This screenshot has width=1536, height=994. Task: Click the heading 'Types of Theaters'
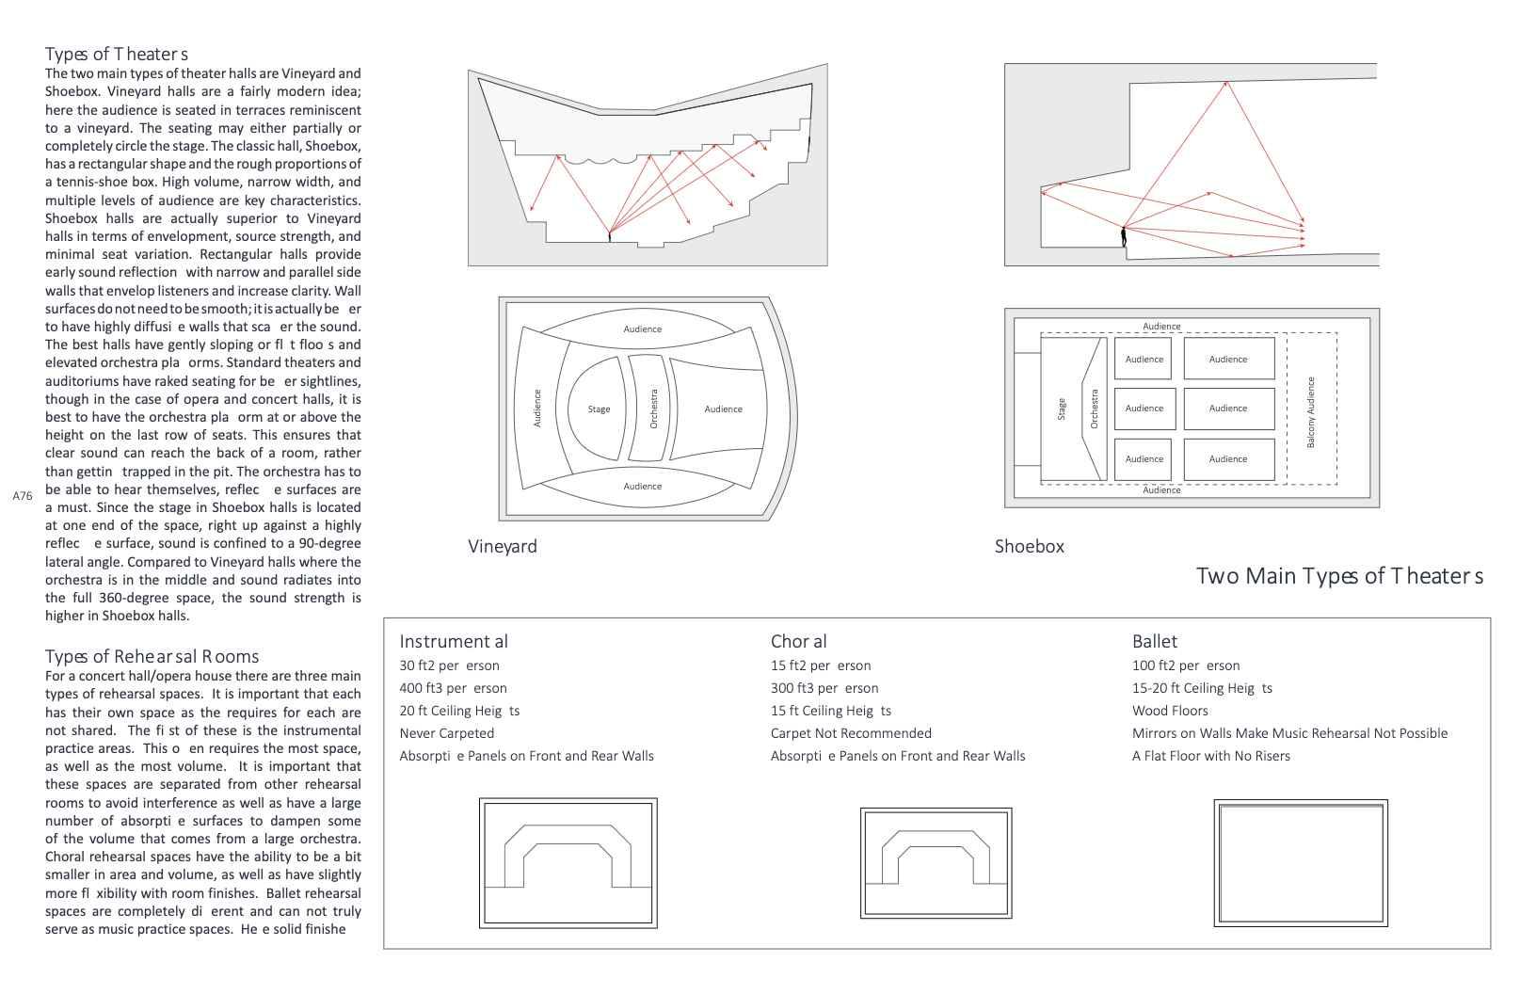117,54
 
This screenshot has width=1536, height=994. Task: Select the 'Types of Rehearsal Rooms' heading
152,656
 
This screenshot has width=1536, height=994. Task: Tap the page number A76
23,495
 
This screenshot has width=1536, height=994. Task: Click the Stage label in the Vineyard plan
599,409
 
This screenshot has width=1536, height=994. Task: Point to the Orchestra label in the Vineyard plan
654,409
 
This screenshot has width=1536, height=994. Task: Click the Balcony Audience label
1311,412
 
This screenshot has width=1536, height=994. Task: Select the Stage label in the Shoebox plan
1062,409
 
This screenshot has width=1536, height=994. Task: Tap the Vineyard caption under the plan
503,546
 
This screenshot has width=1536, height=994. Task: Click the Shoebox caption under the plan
1029,546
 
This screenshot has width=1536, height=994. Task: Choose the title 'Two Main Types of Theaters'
1339,576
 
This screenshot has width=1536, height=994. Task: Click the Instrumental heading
453,642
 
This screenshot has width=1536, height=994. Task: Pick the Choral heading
798,642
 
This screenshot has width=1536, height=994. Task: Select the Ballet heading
1154,642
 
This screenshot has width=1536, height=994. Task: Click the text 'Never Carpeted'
446,733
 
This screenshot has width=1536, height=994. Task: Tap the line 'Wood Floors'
1170,711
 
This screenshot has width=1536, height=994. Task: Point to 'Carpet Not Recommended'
851,733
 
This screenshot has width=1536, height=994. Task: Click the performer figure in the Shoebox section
1123,236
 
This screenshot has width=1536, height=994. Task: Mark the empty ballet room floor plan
1301,863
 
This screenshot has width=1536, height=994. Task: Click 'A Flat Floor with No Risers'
1210,756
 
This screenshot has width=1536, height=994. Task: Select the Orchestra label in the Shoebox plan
1094,409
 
